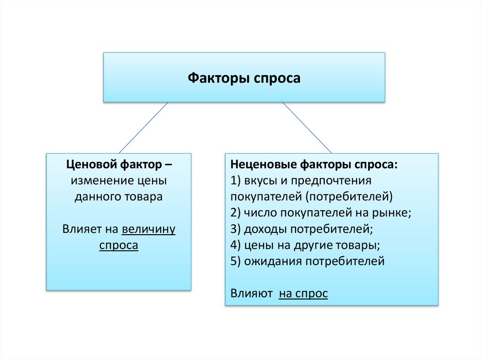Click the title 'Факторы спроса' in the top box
244,78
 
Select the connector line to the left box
144,127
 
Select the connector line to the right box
306,127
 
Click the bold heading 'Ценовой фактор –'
118,165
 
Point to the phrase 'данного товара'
118,197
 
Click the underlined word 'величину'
148,229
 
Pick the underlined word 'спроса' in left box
118,245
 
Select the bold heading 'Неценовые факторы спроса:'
314,165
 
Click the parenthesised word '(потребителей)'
357,197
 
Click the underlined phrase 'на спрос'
303,293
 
